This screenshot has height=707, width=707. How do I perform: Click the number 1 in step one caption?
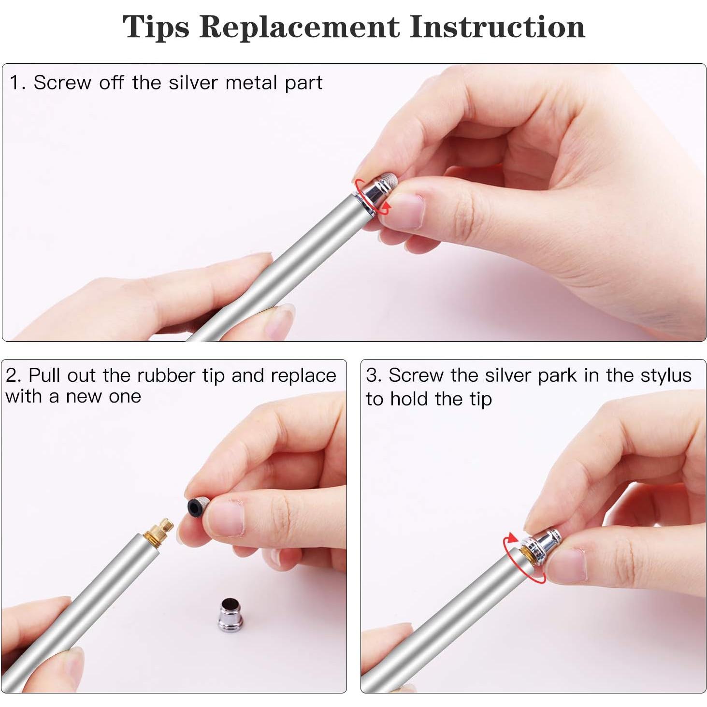[x=15, y=83]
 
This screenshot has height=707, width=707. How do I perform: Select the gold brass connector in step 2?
[x=158, y=532]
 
